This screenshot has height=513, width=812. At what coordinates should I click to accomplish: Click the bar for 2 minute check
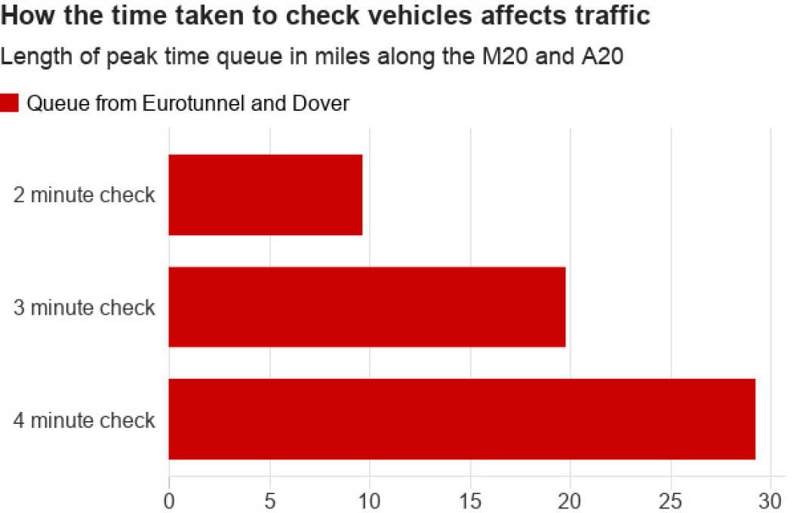coord(265,195)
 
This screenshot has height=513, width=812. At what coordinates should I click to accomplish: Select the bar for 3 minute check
coord(367,306)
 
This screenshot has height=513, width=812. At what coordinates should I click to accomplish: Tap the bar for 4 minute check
coord(461,419)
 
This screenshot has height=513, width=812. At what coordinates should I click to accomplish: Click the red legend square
coord(9,103)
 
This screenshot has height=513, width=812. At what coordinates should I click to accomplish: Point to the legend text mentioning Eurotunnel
coord(188,103)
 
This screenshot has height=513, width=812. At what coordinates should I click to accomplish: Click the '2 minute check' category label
coord(84,195)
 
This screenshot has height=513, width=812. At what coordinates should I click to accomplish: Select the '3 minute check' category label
coord(84,307)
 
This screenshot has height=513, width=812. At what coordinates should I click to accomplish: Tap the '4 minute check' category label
coord(84,419)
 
